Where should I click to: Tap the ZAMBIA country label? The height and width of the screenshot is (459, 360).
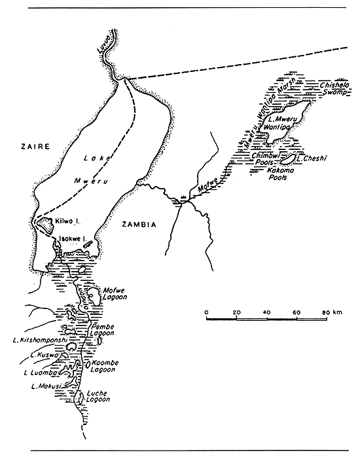click(x=139, y=224)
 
